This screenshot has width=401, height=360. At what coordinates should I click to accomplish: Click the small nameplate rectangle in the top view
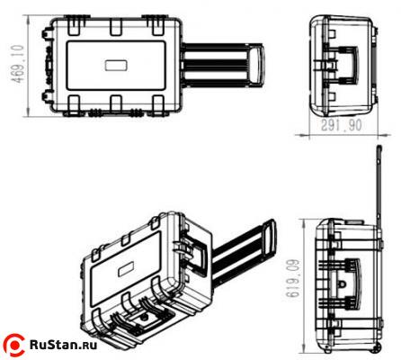(x=116, y=66)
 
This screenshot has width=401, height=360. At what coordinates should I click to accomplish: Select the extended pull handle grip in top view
(x=257, y=67)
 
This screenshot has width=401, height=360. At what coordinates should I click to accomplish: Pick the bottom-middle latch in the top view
(x=115, y=104)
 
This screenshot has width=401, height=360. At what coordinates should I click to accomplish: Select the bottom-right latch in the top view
(x=159, y=104)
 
